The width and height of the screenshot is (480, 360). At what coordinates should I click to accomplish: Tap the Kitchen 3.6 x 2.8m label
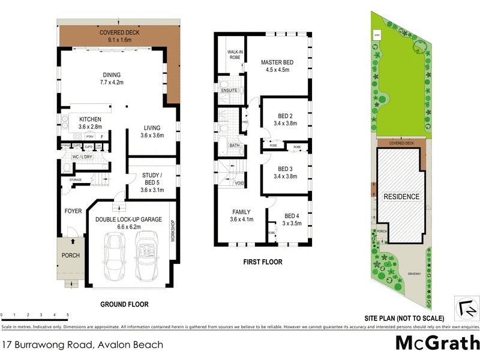(90, 123)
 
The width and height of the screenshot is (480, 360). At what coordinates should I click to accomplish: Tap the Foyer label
(73, 211)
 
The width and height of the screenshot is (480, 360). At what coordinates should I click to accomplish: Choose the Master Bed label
(277, 65)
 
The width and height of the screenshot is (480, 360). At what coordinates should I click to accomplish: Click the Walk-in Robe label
(233, 55)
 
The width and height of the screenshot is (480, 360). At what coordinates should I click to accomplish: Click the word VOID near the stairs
(239, 183)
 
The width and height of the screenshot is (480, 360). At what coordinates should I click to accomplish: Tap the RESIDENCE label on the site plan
(401, 196)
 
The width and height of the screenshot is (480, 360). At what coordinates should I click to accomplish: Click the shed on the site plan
(376, 35)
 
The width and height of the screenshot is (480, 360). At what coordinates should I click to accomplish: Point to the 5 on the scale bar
(67, 315)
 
